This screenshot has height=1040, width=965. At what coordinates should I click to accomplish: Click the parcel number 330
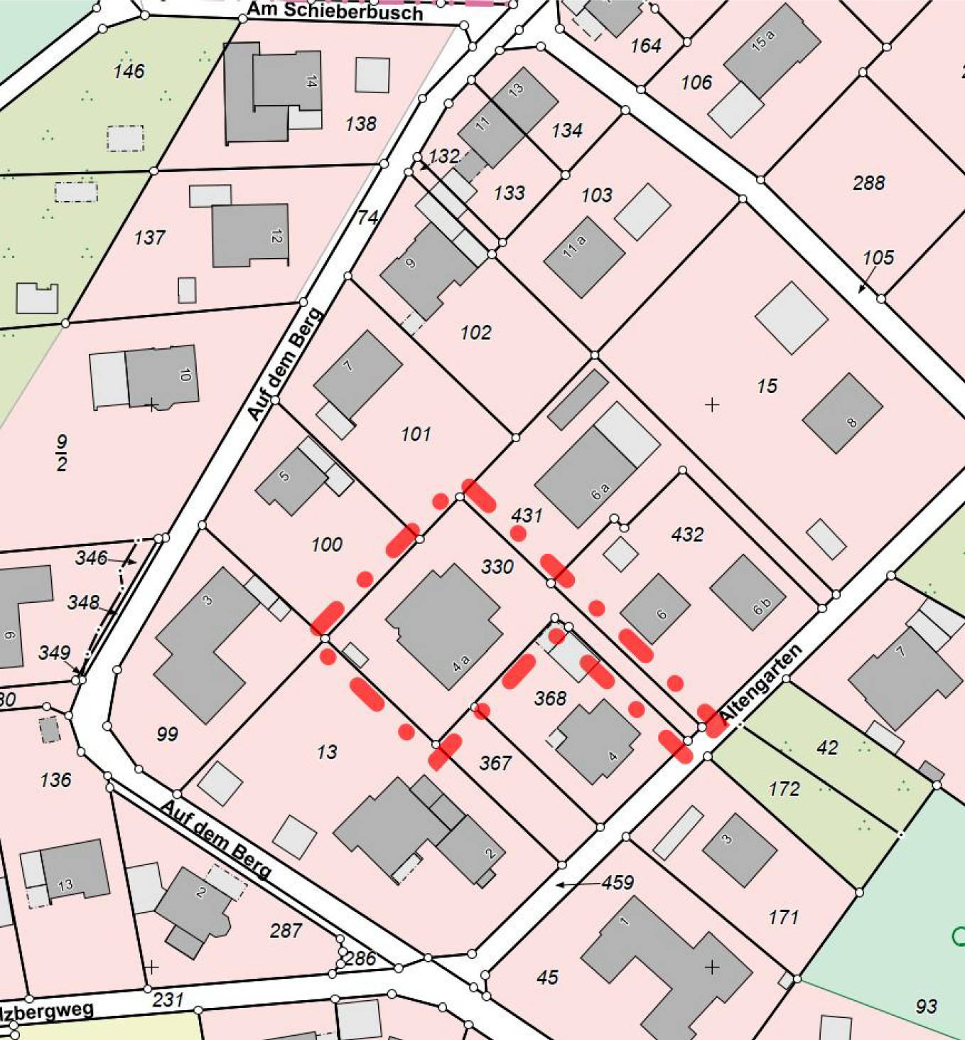pos(497,567)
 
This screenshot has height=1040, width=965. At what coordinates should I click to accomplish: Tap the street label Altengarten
pos(760,681)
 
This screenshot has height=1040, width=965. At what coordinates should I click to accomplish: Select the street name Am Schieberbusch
pos(335,11)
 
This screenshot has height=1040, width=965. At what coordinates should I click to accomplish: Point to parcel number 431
pos(527,515)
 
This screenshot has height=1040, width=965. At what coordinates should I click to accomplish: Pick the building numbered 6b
pos(748,592)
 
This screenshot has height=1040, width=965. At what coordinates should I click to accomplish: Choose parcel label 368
pos(550,698)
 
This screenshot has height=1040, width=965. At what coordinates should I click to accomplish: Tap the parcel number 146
pos(129,71)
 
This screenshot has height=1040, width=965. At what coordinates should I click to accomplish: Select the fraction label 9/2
pos(62,454)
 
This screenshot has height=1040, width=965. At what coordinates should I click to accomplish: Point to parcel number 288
pos(868,183)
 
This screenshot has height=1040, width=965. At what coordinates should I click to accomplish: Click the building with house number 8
pos(842,413)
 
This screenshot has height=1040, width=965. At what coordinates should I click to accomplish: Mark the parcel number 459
pos(617,882)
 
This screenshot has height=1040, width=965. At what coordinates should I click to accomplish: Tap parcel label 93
pos(926,1006)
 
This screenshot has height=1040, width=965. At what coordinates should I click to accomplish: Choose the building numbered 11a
pos(583,256)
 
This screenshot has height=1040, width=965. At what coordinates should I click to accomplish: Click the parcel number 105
pos(878,257)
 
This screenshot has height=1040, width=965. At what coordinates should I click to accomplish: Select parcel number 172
pos(784,788)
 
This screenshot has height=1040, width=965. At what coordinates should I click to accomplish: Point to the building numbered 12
pos(250,235)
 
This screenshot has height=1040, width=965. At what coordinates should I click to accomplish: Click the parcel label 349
pos(54,653)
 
